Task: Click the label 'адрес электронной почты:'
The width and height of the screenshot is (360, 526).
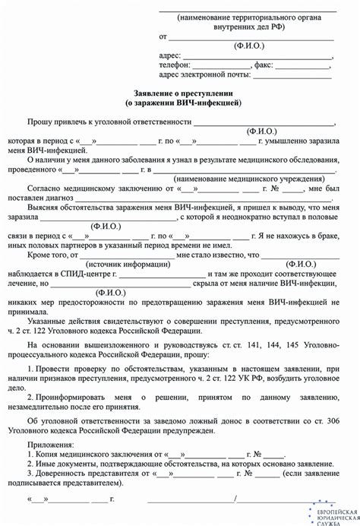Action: pyautogui.click(x=200, y=75)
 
